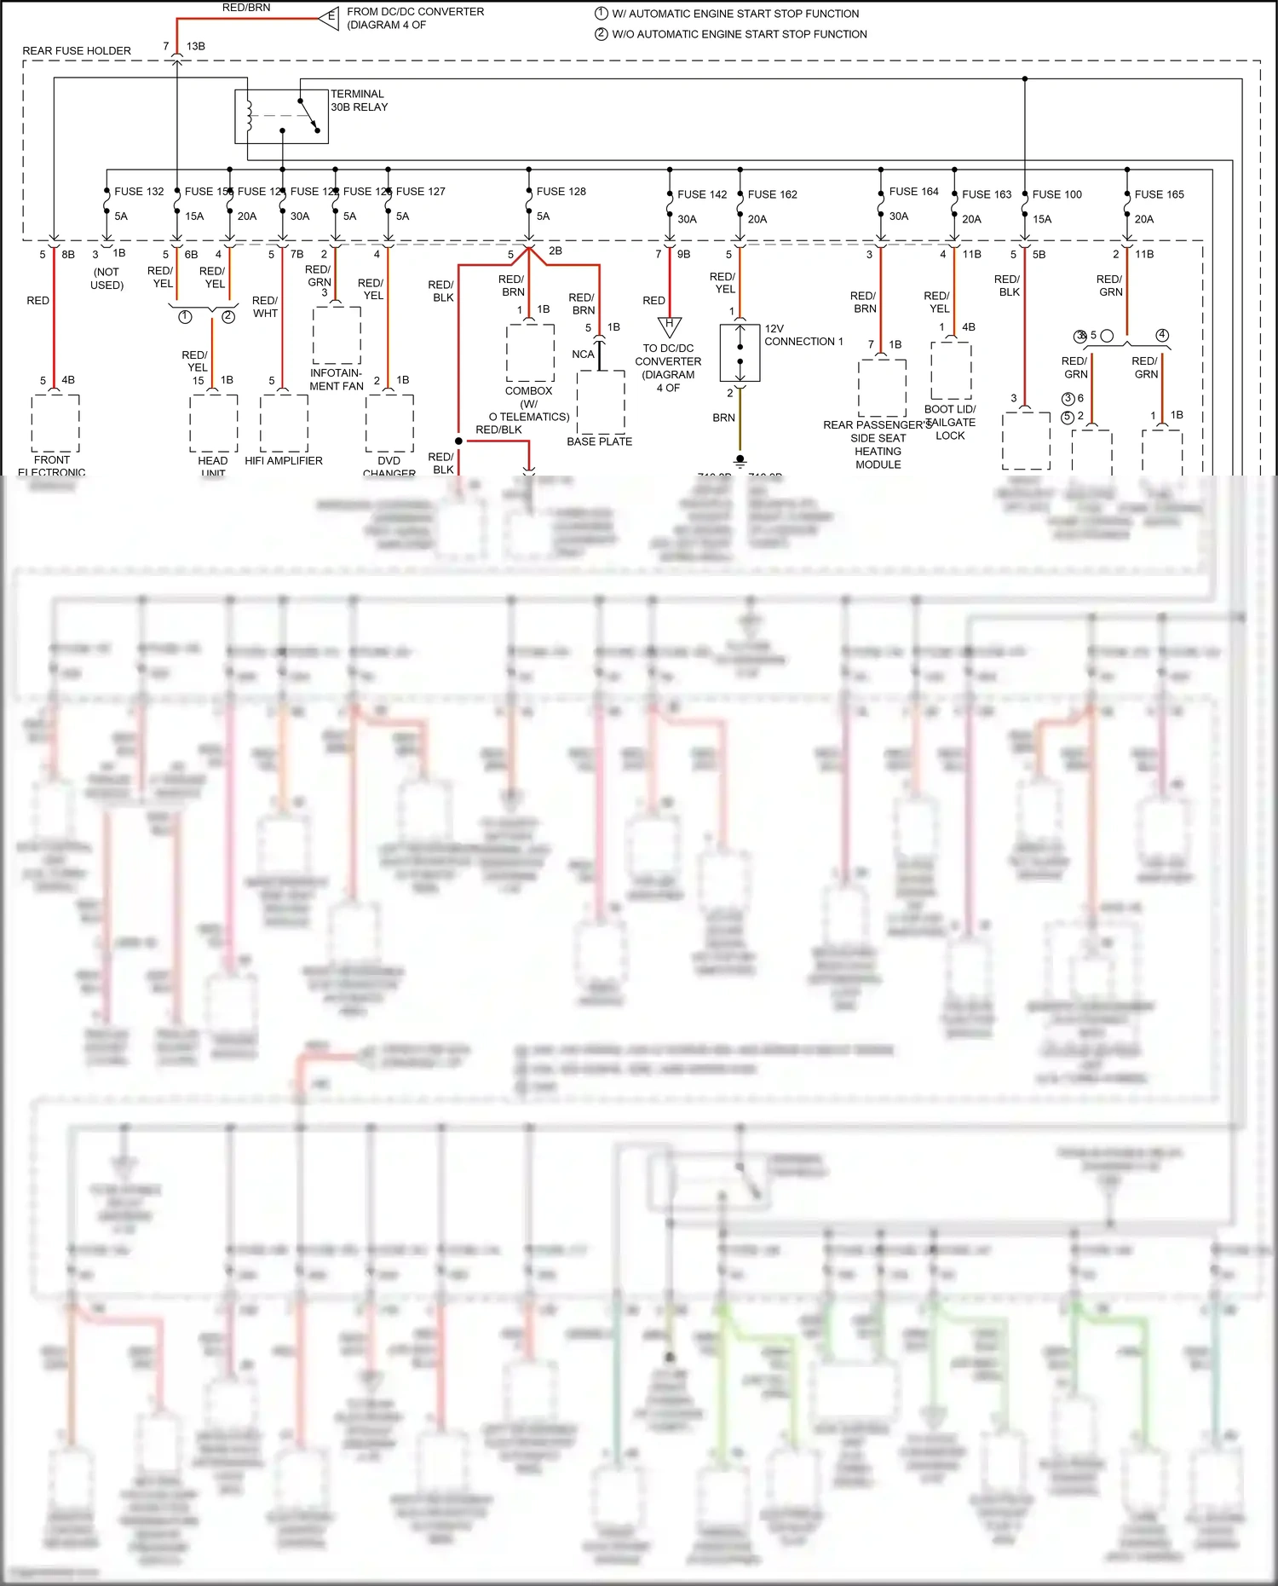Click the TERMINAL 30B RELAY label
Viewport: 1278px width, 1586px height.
coord(359,101)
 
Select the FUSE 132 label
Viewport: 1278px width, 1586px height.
coord(139,192)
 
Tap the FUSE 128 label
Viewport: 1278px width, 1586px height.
coord(561,192)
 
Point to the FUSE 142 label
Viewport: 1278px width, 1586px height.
coord(702,194)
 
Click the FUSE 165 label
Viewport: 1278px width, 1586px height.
coord(1159,194)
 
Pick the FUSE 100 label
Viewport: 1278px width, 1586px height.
coord(1056,194)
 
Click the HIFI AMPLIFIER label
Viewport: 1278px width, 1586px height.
coord(284,461)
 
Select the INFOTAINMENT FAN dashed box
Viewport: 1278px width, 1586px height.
coord(337,334)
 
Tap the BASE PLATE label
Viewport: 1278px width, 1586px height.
coord(599,441)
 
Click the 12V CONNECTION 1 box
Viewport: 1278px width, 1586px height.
coord(740,352)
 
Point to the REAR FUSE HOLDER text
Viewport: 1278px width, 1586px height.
coord(77,51)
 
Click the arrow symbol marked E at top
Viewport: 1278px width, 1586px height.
coord(329,18)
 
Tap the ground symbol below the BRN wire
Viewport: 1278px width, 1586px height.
coord(740,460)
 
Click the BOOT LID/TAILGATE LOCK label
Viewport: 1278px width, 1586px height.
coord(950,422)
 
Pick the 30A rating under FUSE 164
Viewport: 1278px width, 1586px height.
coord(898,216)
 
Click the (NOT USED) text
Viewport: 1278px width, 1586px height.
coord(106,279)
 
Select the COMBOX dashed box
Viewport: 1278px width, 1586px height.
coord(530,352)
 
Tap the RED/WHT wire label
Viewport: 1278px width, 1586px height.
coord(265,307)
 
